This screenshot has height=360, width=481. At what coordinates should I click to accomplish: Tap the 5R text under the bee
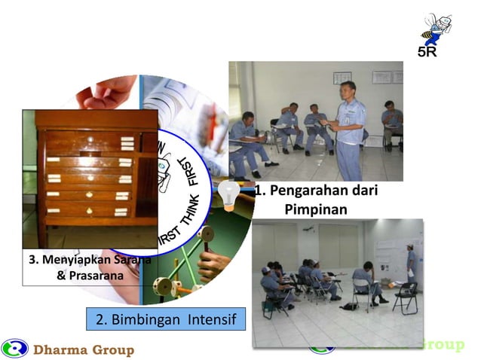click(427, 53)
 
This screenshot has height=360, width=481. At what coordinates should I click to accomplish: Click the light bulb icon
click(228, 195)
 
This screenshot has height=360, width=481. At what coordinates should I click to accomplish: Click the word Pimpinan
click(316, 208)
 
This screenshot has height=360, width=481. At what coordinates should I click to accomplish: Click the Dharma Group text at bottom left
click(84, 349)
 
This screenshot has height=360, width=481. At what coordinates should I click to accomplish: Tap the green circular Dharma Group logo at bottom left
click(14, 349)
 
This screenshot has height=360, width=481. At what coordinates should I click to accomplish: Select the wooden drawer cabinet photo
click(89, 177)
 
